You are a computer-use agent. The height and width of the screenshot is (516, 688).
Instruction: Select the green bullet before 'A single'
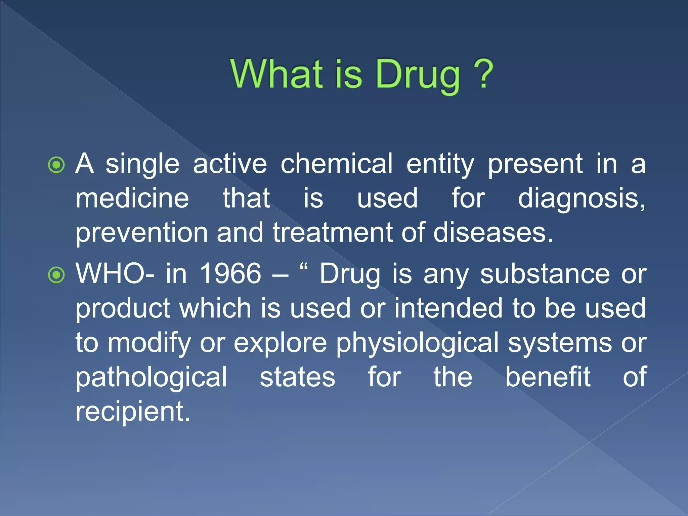[x=56, y=165]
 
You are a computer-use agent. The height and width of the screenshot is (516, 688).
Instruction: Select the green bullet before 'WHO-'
[x=56, y=275]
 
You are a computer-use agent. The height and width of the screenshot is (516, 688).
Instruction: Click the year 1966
[x=230, y=273]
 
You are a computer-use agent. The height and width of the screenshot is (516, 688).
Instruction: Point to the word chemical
[x=336, y=164]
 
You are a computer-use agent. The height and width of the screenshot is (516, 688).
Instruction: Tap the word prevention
[x=141, y=233]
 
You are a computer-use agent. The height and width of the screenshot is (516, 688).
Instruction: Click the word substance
[x=545, y=274]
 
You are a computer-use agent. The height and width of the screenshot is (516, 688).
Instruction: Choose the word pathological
[x=151, y=378]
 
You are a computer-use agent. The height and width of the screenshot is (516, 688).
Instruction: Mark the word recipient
[x=132, y=412]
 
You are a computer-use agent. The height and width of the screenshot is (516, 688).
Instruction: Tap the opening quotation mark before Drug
[x=304, y=268]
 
